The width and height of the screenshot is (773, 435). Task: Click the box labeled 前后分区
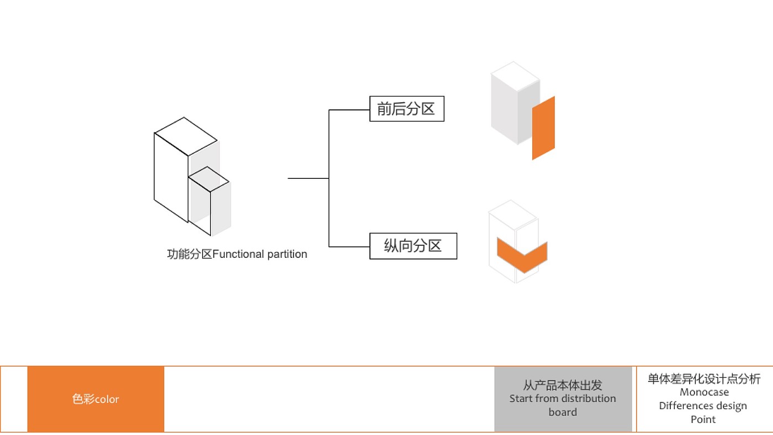407,109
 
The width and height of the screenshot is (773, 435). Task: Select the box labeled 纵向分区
413,246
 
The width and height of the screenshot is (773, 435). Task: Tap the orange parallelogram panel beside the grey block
543,128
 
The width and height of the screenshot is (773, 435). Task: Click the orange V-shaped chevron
522,255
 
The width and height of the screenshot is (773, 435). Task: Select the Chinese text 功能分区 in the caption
189,254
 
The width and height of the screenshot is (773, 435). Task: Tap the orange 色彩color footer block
96,399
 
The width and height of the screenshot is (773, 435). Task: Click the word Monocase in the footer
705,392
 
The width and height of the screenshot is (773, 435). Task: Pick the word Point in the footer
703,420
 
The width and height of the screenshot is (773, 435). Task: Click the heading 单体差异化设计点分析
704,379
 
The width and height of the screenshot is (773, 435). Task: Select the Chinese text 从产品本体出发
563,385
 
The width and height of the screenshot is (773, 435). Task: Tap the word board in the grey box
563,412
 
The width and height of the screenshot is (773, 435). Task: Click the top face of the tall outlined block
186,136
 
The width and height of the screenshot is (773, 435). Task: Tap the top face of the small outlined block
209,179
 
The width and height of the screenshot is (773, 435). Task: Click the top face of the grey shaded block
515,76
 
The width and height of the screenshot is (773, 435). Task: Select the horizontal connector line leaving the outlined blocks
308,178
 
